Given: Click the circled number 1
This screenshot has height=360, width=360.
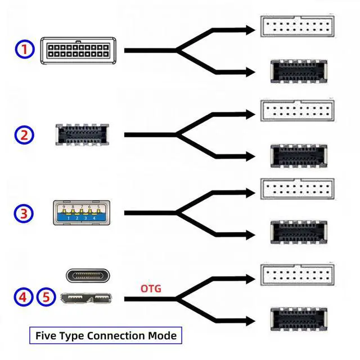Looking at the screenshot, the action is point(25,49).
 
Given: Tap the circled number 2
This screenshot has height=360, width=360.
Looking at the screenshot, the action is point(24,135).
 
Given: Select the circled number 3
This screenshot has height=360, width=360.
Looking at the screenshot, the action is point(24,213).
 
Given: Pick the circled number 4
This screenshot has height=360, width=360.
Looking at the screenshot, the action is point(23,296).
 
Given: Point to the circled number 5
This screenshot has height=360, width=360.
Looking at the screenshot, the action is point(46,296).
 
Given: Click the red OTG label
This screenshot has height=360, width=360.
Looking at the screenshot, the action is point(151,289).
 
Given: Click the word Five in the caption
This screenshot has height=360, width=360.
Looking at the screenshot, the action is point(46,336).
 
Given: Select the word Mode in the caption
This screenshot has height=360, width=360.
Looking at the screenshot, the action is point(163,336).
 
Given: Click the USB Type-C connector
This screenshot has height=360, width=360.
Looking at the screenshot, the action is point(88,276).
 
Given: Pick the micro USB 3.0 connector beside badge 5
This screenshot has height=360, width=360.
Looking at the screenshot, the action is point(86,298).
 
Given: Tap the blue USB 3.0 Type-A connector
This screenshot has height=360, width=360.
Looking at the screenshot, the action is point(82,213).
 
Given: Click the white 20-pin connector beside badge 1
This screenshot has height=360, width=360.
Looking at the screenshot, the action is point(78,51).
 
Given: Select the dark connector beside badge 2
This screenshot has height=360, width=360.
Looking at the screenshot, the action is point(82,134).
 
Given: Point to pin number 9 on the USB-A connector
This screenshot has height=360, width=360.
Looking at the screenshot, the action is point(64,206).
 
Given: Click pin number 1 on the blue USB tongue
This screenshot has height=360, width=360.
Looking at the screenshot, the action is point(69,218).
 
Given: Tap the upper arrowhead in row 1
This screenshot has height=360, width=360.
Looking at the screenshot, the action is point(250,30).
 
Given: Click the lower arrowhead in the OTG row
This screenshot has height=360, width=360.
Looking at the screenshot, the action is point(250,321).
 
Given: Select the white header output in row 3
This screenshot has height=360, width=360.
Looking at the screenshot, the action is point(298,189).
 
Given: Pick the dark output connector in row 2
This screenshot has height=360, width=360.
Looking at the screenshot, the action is point(299,156).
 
